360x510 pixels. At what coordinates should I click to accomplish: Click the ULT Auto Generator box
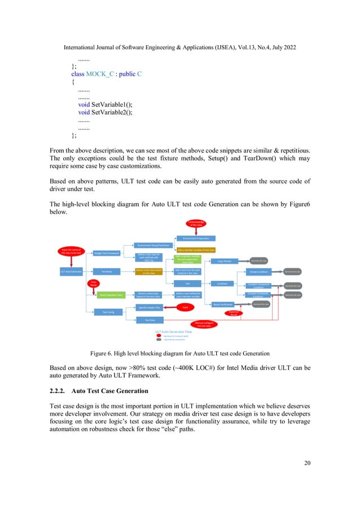[71, 272]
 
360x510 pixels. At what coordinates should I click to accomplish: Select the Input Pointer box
[225, 261]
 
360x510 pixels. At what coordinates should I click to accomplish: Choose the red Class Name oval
[93, 284]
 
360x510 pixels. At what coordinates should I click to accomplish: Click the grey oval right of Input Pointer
[259, 261]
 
